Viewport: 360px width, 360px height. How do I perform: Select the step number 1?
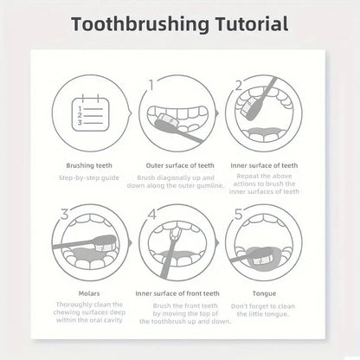[x=151, y=85]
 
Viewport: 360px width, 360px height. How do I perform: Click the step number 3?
[x=63, y=213]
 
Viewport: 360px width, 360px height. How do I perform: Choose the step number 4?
[x=151, y=213]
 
